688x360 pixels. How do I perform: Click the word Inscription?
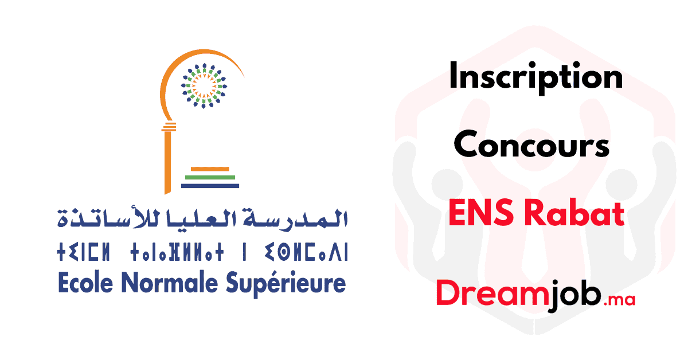tap(536, 78)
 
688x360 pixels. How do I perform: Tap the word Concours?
tap(531, 144)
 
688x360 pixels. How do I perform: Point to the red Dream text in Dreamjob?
tap(492, 293)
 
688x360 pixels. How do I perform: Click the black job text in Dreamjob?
tap(575, 295)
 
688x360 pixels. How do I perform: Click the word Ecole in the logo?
tap(85, 283)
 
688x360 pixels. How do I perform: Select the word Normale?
tap(170, 283)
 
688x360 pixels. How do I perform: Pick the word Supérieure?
tap(286, 284)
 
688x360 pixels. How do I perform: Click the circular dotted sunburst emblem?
tap(204, 85)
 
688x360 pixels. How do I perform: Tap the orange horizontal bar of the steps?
tap(210, 169)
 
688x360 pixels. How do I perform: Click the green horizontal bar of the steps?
tap(210, 177)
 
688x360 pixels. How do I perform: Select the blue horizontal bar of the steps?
tap(210, 186)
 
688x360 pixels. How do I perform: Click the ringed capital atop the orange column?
tap(169, 127)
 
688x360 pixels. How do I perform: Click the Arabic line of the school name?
tap(202, 218)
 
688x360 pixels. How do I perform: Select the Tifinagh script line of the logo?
tap(202, 252)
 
